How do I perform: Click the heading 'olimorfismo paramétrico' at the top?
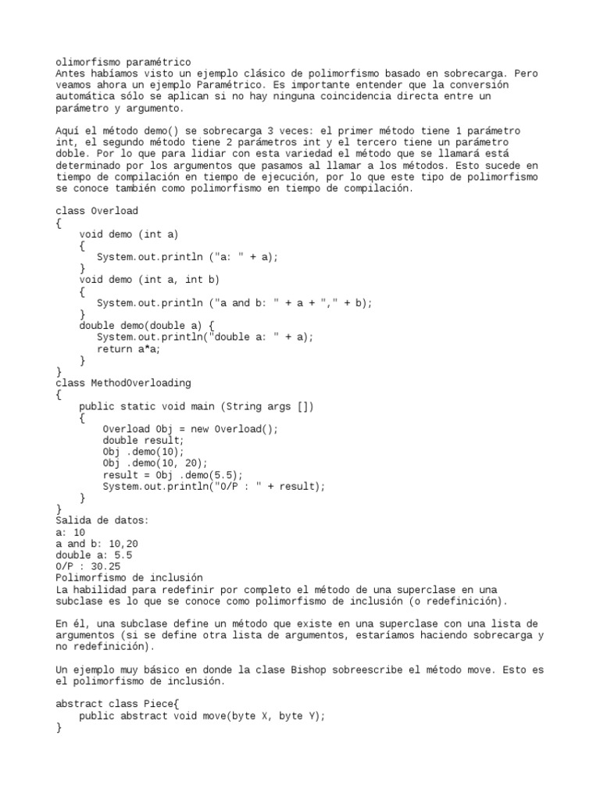coord(123,62)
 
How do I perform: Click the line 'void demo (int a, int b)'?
coord(149,279)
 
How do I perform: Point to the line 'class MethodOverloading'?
coord(123,383)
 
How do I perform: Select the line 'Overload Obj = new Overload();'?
coord(190,429)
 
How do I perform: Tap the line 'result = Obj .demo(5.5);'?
coord(173,474)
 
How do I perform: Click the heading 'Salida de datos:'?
coord(102,520)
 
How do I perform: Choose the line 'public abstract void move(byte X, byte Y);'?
coord(202,716)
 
